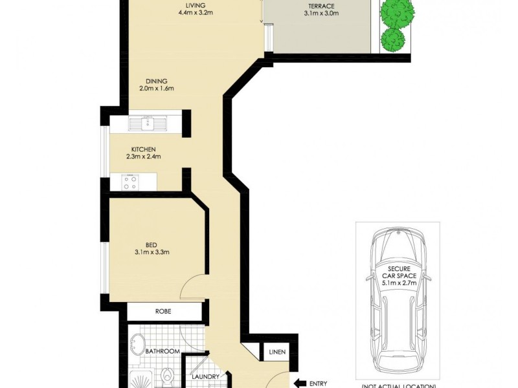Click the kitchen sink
148,123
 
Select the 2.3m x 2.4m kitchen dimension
143,156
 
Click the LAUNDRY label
208,377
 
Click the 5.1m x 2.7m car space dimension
398,283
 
